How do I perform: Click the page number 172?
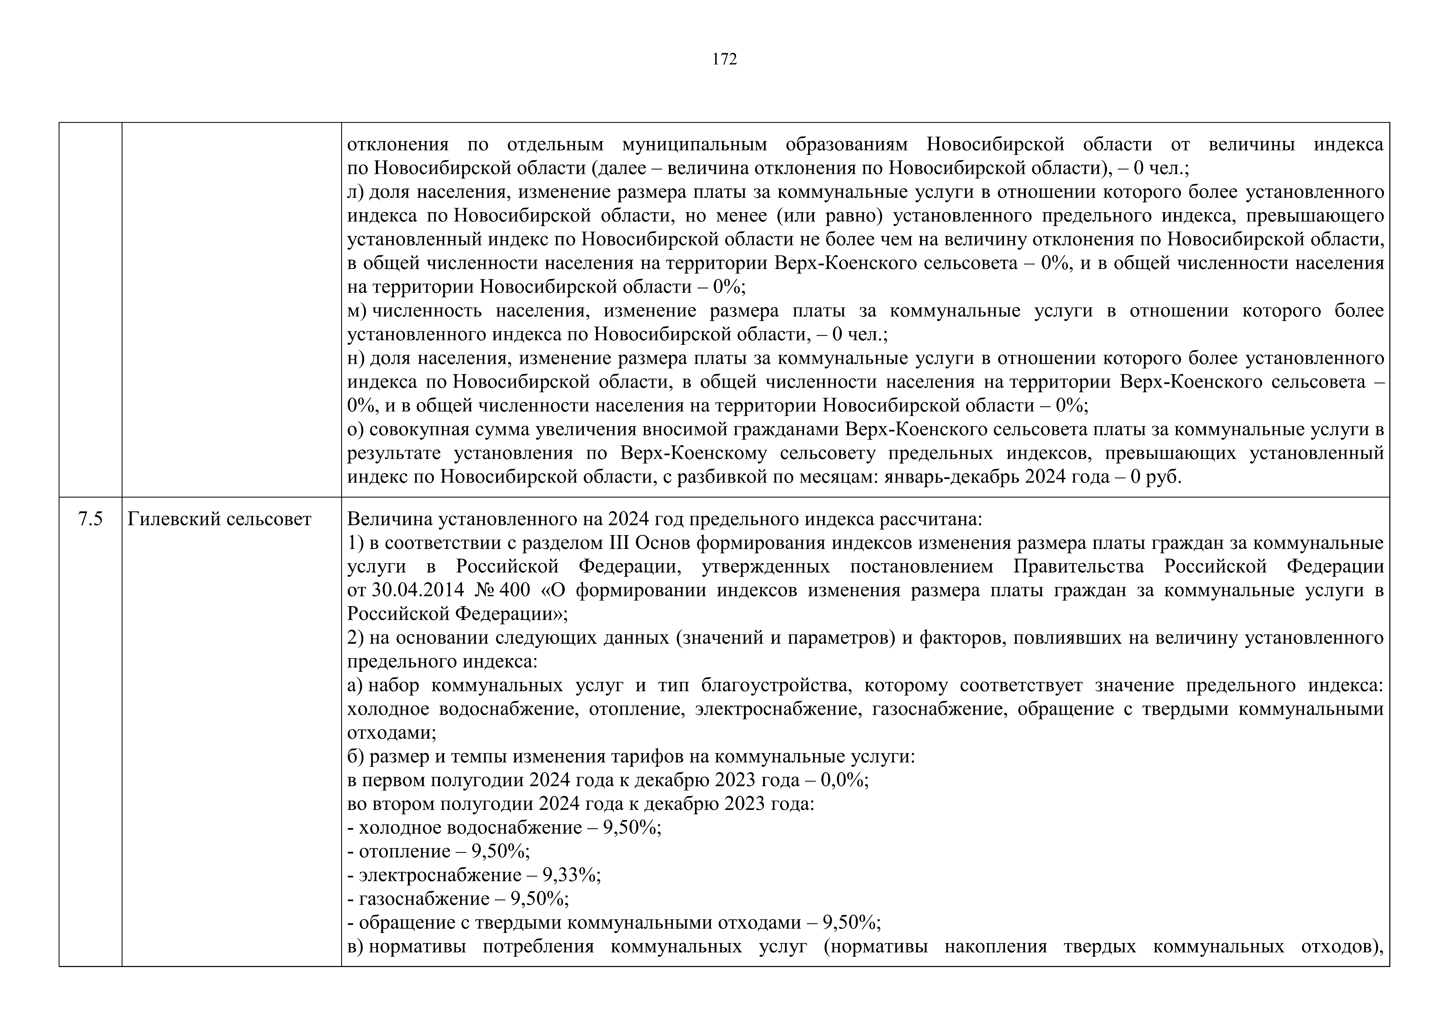pos(724,59)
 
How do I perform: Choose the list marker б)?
pos(356,756)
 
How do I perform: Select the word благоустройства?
pos(773,685)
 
